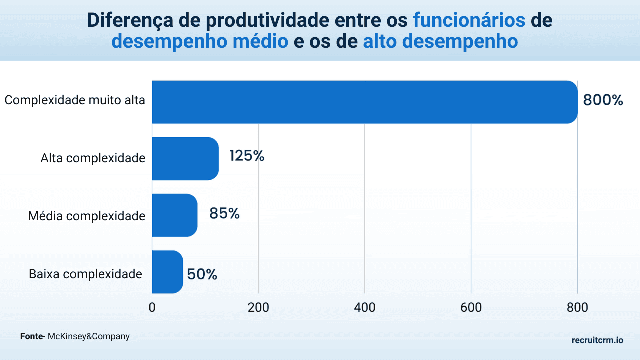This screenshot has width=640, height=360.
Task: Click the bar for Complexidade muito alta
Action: (x=365, y=102)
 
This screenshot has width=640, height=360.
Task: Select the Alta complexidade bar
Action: (x=185, y=158)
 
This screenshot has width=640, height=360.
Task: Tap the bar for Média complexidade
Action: (x=175, y=215)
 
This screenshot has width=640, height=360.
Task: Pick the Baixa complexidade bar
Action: (x=167, y=272)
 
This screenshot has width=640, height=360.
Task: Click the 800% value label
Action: (x=603, y=100)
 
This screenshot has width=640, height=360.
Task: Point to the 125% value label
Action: (x=247, y=156)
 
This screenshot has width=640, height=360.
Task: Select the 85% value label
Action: (x=224, y=214)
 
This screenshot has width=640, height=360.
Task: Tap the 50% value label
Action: (x=202, y=274)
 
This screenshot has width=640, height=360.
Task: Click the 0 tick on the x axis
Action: (x=152, y=308)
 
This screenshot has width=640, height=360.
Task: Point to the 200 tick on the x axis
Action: (x=258, y=308)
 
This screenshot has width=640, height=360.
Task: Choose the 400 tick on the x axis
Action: (x=365, y=308)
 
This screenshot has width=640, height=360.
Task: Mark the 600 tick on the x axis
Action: (x=471, y=308)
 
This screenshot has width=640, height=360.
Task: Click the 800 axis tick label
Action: (x=578, y=308)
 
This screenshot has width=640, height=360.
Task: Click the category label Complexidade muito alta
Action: (x=75, y=100)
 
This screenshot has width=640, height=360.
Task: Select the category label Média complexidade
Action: (x=87, y=216)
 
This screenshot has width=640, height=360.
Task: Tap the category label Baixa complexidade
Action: (x=85, y=274)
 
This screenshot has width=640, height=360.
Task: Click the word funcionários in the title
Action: (x=469, y=20)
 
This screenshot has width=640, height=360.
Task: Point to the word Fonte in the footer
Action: (x=31, y=336)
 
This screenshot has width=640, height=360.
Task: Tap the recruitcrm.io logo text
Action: (x=597, y=340)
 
